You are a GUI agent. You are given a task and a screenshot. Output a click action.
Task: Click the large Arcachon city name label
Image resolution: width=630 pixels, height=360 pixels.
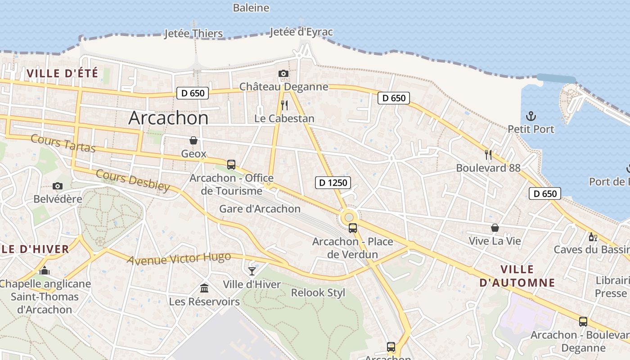[x=168, y=118]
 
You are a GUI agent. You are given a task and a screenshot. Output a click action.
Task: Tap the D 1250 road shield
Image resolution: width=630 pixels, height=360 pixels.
[x=333, y=182]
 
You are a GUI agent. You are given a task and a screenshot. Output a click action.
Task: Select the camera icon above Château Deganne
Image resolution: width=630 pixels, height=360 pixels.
[x=283, y=73]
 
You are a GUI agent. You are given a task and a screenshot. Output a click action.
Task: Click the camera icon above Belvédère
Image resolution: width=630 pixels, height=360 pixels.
[x=57, y=186]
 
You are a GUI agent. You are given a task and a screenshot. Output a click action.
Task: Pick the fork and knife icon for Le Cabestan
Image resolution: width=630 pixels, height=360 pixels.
[x=284, y=105]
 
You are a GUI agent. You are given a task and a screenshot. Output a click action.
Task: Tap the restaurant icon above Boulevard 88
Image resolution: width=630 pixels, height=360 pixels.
[x=488, y=155]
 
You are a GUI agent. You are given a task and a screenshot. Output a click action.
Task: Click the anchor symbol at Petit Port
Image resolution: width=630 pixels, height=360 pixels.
[x=531, y=116]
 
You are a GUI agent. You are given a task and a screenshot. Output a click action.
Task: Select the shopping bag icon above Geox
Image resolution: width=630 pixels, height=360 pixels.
[x=193, y=141]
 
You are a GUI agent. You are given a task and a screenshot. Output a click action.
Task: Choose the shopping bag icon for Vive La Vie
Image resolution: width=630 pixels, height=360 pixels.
[x=495, y=228]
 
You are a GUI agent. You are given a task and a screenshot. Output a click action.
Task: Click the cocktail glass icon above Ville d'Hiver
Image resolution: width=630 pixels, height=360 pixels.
[x=252, y=271]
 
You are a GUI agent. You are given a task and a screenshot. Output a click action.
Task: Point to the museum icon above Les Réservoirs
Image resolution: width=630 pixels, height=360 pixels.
[x=204, y=288]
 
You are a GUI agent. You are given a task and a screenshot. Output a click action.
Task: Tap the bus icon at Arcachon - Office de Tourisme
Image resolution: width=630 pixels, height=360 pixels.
[x=231, y=165]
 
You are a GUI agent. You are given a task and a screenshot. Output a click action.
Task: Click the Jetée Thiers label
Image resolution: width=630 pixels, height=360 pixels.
[x=193, y=33]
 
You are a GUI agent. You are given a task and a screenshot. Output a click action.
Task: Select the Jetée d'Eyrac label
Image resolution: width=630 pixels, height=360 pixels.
[x=301, y=32]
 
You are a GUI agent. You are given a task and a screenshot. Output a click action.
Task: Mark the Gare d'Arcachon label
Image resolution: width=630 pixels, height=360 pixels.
[x=260, y=209]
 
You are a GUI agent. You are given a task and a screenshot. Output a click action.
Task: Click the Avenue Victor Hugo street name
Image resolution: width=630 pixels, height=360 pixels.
[x=179, y=259]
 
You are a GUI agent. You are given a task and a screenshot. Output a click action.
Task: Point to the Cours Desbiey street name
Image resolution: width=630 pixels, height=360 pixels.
[x=133, y=180]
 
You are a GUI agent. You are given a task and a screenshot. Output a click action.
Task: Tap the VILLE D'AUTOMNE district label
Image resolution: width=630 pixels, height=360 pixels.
[x=517, y=276]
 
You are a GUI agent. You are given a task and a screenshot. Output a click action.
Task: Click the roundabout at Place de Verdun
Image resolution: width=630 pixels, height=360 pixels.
[x=349, y=217]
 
